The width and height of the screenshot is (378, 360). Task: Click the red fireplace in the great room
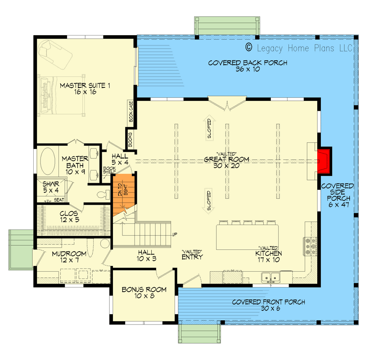click(x=324, y=161)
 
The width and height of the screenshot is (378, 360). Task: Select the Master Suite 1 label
click(x=85, y=88)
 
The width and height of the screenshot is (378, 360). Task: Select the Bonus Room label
click(x=144, y=293)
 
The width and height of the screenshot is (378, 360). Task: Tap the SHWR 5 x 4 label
click(x=50, y=187)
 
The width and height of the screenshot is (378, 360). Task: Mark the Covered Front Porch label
click(x=268, y=305)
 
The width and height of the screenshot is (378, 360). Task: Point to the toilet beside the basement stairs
click(x=102, y=194)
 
